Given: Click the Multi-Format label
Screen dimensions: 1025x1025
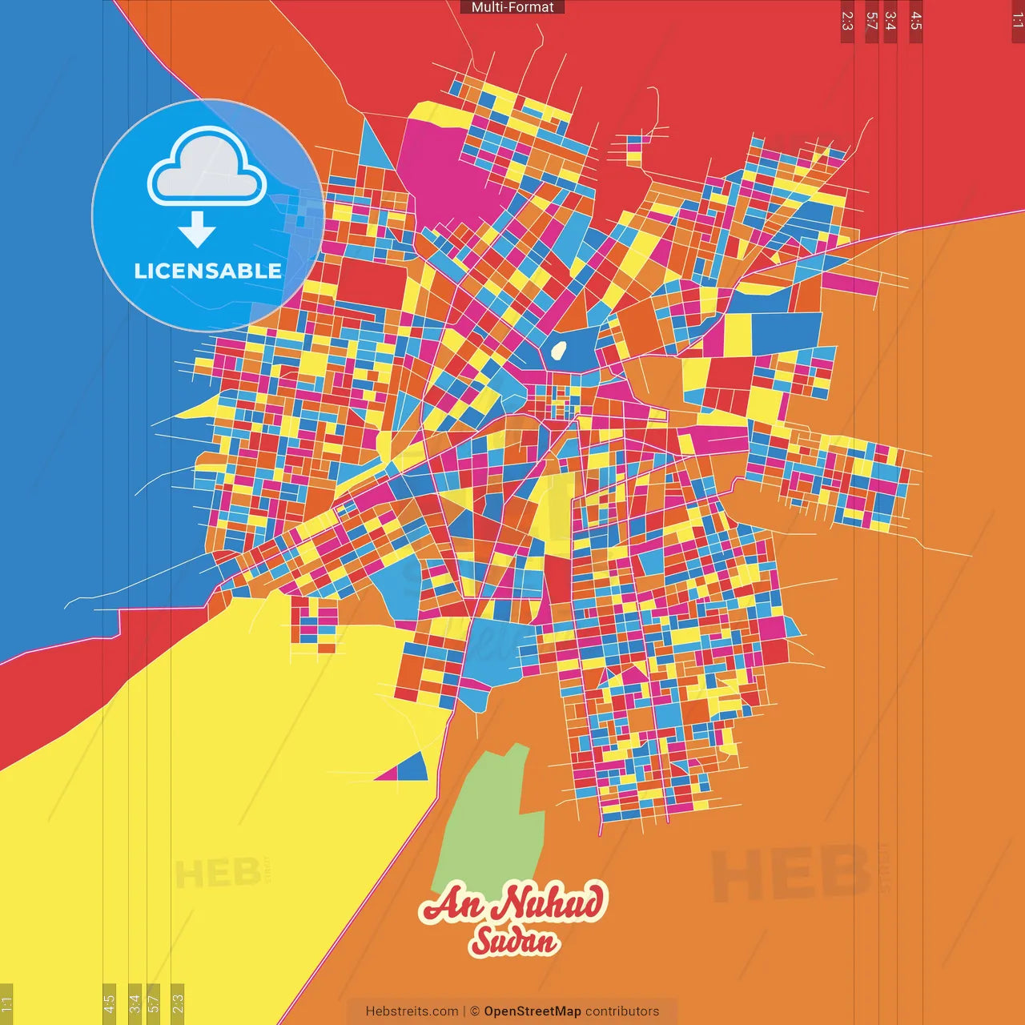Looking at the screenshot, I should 512,7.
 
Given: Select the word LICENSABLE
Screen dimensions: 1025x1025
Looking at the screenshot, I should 207,271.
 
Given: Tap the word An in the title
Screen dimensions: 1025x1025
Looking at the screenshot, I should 452,905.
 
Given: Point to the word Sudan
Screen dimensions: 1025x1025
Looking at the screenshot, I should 513,941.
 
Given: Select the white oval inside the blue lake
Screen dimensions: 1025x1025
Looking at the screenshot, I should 559,350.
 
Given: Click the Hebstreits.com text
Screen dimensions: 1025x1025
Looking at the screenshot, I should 412,1011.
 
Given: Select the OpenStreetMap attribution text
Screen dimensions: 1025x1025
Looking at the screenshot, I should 532,1011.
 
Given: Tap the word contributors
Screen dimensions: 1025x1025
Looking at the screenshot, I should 622,1011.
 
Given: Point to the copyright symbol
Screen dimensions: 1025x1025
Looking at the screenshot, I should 474,1011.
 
